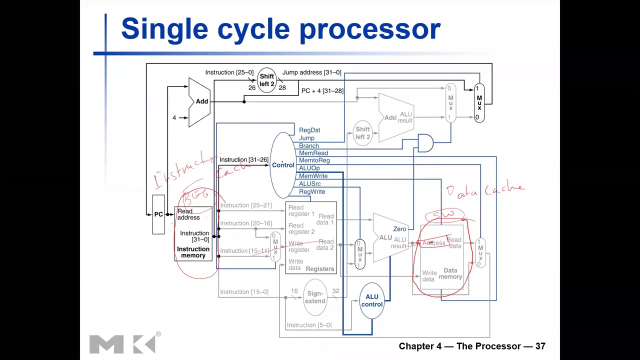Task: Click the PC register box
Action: point(158,214)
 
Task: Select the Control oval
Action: point(283,165)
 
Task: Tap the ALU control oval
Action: point(371,300)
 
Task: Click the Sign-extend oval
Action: point(315,297)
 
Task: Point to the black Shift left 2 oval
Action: point(266,80)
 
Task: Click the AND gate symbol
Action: point(425,143)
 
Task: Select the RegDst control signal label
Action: point(309,130)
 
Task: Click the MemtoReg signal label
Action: point(314,160)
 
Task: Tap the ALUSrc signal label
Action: point(309,184)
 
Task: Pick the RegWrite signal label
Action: point(311,192)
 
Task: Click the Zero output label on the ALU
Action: point(399,229)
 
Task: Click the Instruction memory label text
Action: point(193,252)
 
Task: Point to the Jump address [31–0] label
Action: point(311,72)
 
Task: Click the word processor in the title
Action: point(369,29)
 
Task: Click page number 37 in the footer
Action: point(540,346)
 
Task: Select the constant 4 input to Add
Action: point(174,117)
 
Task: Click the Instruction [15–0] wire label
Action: point(244,292)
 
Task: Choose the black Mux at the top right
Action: point(479,103)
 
